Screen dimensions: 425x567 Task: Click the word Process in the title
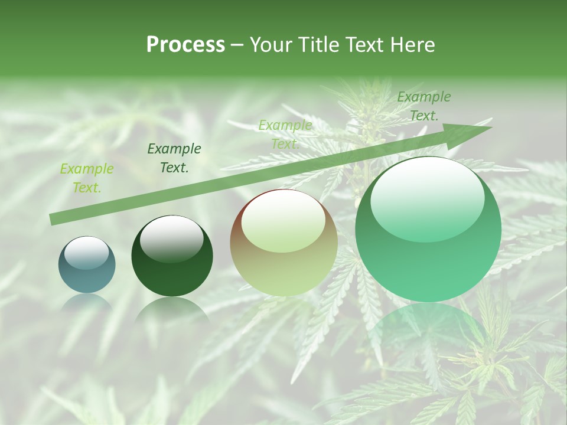tap(185, 45)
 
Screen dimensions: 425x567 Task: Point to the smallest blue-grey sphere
tap(87, 265)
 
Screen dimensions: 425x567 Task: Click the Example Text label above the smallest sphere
tap(87, 178)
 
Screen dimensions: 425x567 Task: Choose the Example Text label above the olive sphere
tap(285, 135)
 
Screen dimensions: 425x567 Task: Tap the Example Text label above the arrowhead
tap(424, 106)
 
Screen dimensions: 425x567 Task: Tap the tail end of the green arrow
tap(56, 219)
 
